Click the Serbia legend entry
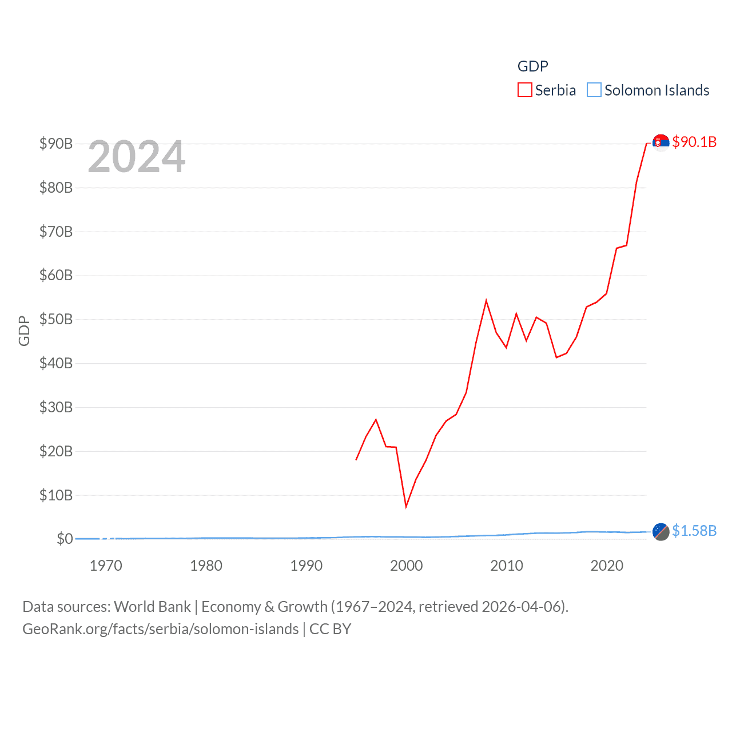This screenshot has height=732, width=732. point(547,90)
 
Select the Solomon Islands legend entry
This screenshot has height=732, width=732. point(649,90)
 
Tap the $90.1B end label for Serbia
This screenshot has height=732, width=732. point(694,142)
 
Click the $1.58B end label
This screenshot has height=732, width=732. point(694,531)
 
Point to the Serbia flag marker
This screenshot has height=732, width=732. point(661,142)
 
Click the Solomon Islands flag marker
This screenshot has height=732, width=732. point(661,532)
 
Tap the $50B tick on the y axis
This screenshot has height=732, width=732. point(56,319)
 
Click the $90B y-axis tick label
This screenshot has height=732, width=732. point(56,144)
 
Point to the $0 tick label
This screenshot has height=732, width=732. point(65,539)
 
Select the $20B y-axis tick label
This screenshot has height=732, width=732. point(56,451)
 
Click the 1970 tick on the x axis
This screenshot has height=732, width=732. point(106,566)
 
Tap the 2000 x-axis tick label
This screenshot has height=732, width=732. point(406,566)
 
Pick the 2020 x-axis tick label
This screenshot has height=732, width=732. point(607,566)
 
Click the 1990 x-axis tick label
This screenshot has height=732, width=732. point(306,566)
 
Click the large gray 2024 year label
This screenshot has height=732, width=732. point(137,156)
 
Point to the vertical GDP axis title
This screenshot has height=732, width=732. point(24,331)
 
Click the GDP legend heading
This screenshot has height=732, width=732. point(532,66)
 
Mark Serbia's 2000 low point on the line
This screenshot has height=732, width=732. point(406,507)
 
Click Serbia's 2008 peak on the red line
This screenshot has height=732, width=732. point(486,301)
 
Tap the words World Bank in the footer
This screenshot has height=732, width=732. point(152,606)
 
